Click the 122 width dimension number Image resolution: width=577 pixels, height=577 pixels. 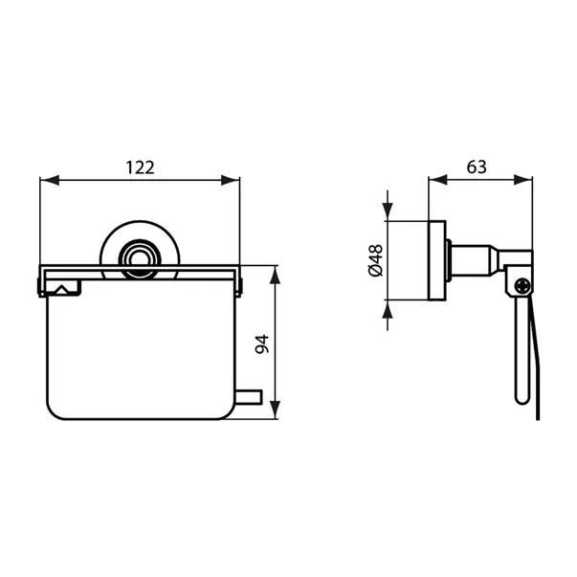point(140,166)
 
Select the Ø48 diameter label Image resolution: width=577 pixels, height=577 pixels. point(374,259)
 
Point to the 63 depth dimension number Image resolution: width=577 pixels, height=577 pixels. point(477,166)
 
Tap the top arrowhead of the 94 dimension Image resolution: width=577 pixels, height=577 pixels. point(276,270)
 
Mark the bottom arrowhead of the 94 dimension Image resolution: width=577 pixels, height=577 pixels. point(276,417)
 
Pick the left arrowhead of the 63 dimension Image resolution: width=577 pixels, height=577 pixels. point(433,179)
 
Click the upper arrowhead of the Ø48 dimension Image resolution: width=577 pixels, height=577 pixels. point(388,212)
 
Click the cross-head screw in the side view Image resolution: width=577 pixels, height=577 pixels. point(521,284)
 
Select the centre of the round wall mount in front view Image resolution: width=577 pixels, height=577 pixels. point(140,256)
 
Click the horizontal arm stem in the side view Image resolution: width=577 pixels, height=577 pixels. point(474,258)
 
